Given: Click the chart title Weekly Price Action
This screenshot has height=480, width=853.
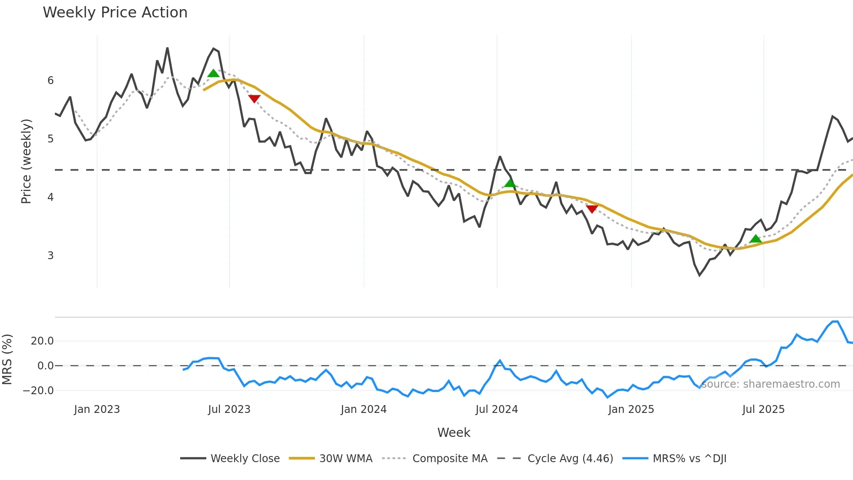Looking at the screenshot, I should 115,13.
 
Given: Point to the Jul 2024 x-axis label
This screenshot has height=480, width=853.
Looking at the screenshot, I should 497,409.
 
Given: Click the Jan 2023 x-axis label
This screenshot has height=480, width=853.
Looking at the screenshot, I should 97,409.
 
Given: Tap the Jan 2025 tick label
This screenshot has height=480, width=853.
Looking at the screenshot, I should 631,409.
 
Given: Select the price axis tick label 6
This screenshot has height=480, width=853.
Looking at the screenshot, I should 50,81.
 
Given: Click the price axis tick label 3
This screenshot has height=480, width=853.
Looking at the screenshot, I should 50,256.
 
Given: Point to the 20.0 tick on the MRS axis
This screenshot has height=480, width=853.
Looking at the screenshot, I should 42,341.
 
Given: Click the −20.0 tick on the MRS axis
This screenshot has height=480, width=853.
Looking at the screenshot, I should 38,391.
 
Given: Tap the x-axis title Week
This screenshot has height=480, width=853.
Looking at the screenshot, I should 453,433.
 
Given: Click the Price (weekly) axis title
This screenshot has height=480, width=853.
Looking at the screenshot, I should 26,161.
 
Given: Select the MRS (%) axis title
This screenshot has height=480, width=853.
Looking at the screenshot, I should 7,359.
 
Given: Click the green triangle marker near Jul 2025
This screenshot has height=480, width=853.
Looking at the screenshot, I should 756,239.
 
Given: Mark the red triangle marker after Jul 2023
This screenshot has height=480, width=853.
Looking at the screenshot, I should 254,98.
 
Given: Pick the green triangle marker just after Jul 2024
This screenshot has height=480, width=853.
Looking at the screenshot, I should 510,183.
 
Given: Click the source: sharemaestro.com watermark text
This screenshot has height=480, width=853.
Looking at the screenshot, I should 770,384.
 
